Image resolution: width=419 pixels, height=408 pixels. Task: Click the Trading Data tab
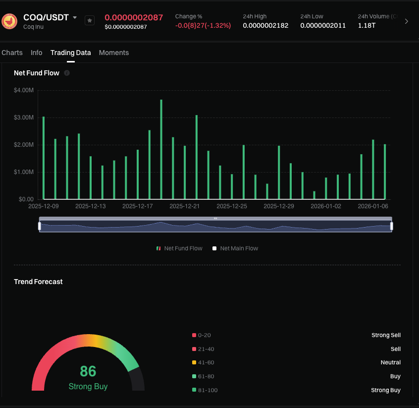click(x=70, y=53)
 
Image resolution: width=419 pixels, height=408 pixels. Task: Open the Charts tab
click(x=12, y=53)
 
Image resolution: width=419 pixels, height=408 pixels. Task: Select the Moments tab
click(x=114, y=53)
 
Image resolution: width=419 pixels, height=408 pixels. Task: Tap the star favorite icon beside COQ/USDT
click(x=90, y=20)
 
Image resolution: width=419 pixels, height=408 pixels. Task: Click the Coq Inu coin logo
click(x=9, y=21)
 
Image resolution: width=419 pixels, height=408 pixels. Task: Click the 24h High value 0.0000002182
click(x=265, y=25)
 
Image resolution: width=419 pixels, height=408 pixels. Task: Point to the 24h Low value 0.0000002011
click(x=323, y=25)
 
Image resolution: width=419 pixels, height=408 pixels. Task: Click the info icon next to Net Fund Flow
click(x=67, y=73)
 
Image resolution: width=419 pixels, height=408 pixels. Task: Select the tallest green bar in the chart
click(x=161, y=149)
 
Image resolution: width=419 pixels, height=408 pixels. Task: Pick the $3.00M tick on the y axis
click(x=24, y=117)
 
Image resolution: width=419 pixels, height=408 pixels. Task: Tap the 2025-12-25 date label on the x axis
click(x=231, y=206)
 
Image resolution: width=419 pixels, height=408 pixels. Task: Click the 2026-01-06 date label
click(x=373, y=206)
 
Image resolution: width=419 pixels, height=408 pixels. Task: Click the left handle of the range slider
click(x=40, y=226)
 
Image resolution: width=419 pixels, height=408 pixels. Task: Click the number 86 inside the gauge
click(x=88, y=371)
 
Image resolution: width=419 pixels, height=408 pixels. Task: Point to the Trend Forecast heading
click(x=38, y=282)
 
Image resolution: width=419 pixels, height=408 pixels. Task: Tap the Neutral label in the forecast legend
click(x=390, y=362)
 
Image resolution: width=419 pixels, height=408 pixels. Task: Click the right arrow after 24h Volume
click(x=407, y=21)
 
